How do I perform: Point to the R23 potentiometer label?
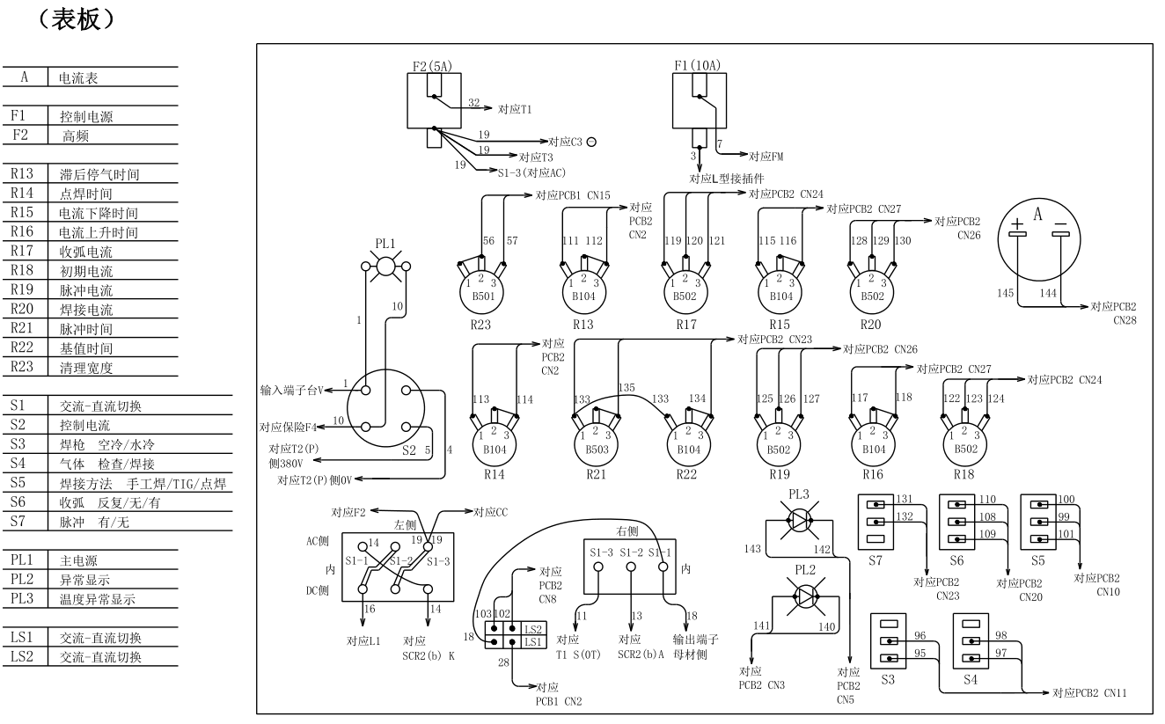[480, 323]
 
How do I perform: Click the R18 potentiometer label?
[965, 474]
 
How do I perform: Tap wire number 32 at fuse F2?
[474, 103]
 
